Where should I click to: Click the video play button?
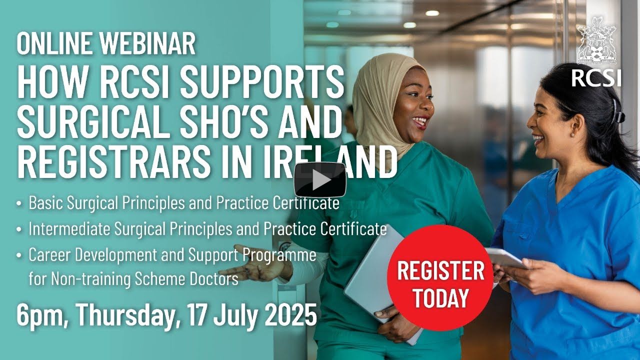[320, 180]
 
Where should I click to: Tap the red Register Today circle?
[440, 277]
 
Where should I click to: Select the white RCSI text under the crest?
[596, 78]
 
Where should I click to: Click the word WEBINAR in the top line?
[148, 44]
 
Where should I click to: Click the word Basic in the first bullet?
[45, 203]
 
